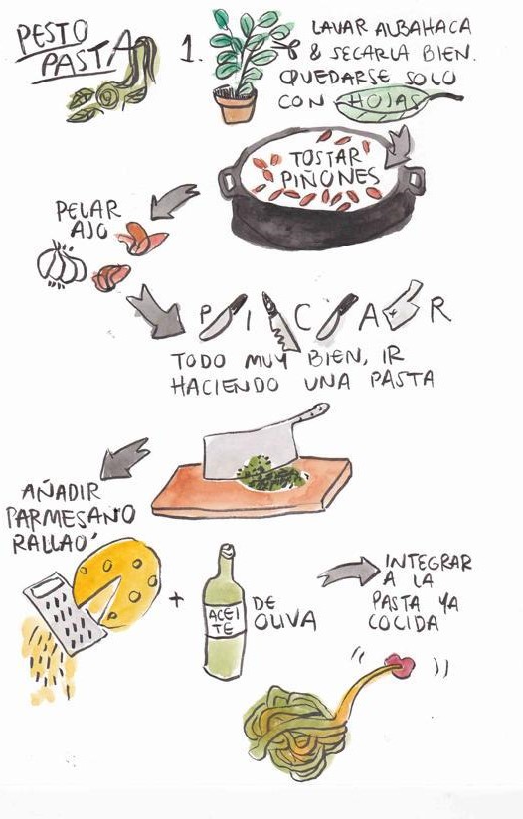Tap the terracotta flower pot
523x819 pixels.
point(235,106)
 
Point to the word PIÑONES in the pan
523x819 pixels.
point(329,179)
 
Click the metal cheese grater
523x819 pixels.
point(65,613)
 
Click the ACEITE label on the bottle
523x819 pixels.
point(224,620)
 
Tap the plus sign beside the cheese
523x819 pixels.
point(177,600)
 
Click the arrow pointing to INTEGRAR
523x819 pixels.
point(347,572)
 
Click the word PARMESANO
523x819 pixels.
point(71,518)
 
